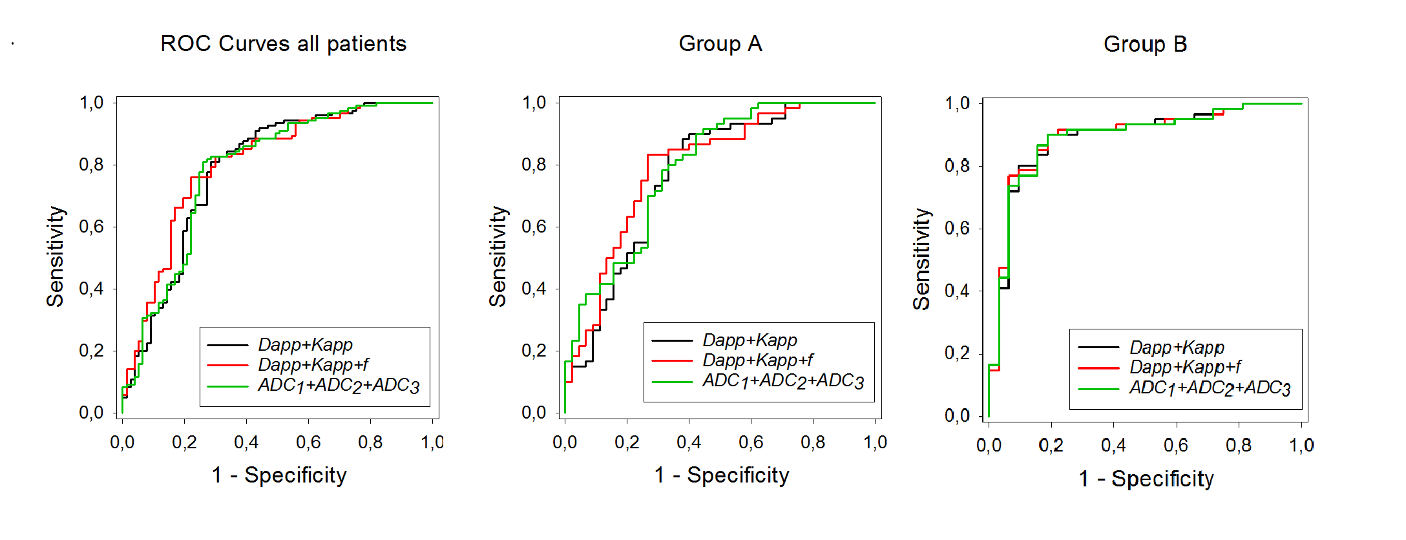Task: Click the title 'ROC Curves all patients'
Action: click(x=283, y=44)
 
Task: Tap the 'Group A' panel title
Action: click(x=720, y=44)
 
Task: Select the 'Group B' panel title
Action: click(x=1145, y=44)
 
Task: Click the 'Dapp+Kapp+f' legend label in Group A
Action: click(x=757, y=360)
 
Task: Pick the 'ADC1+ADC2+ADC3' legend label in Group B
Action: click(x=1210, y=388)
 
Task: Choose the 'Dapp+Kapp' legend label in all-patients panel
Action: click(x=305, y=344)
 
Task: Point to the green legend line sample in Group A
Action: click(x=672, y=382)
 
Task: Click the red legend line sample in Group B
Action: click(x=1098, y=368)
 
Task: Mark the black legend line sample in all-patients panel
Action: click(x=227, y=345)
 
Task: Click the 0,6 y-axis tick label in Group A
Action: click(x=534, y=227)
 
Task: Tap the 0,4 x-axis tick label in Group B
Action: click(x=1113, y=445)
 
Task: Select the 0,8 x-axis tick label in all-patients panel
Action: click(x=370, y=442)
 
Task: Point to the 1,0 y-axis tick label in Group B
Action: click(x=957, y=103)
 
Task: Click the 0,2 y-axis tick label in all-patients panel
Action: click(x=91, y=351)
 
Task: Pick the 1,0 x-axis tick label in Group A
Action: click(x=875, y=442)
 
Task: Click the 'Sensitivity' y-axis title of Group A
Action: click(x=498, y=256)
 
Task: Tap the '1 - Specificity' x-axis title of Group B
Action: click(x=1146, y=479)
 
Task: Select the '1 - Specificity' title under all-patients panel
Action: click(x=279, y=475)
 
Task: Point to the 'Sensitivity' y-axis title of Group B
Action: click(x=921, y=258)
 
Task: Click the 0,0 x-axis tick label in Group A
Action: click(x=565, y=442)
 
